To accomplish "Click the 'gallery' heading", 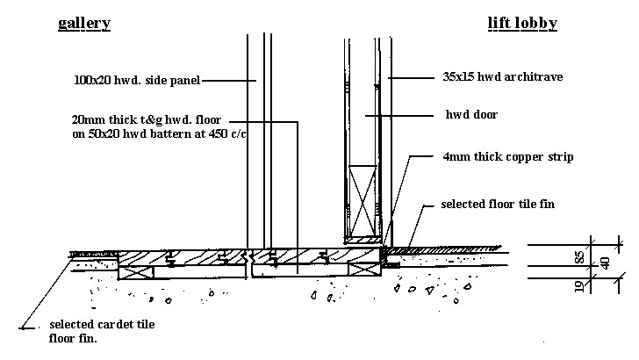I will click(83, 24).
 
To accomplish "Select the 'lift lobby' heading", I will click(521, 24).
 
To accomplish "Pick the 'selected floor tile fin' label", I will click(498, 205).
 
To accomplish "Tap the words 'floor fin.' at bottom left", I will click(74, 338).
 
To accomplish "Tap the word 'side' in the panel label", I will click(152, 81).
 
